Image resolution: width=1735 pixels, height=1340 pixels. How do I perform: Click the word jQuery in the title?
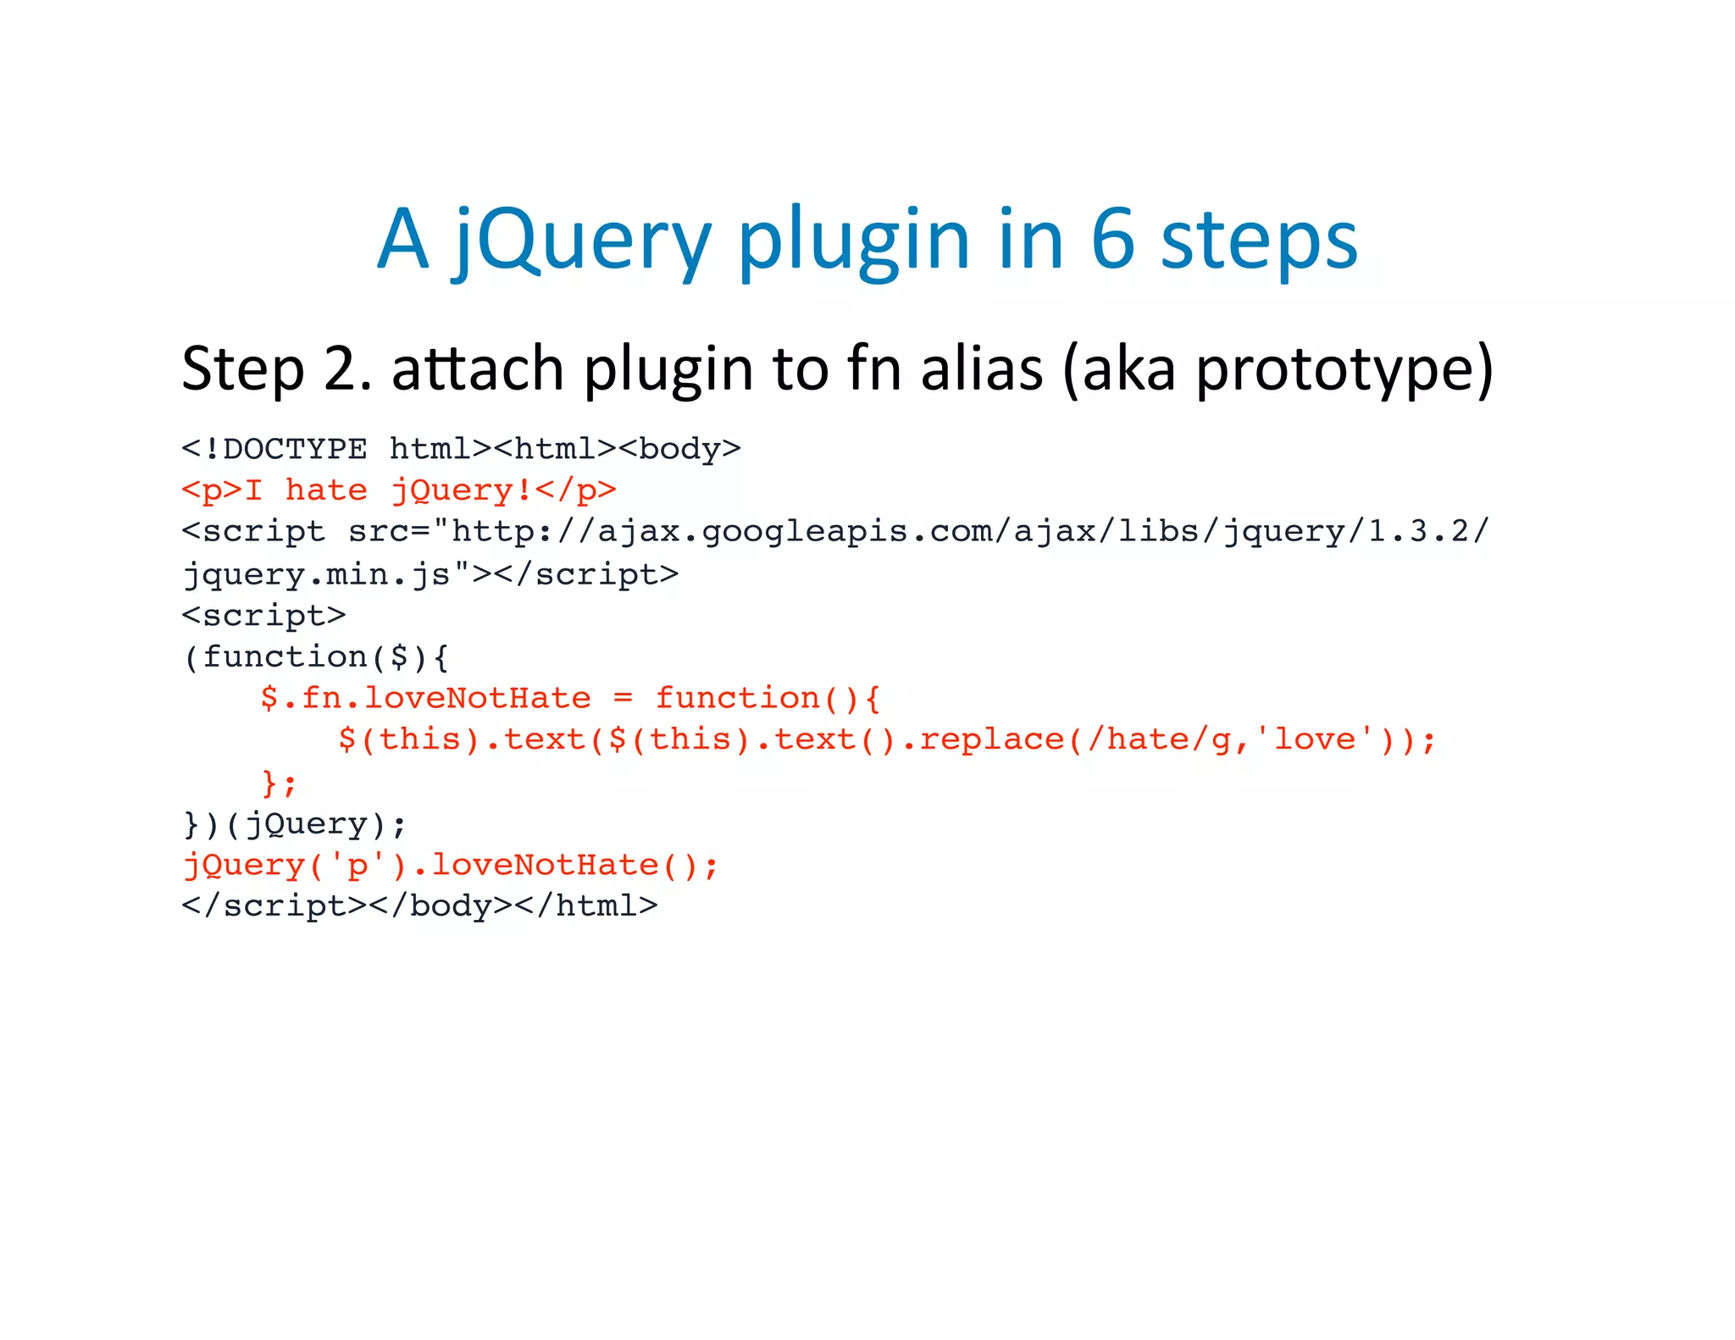click(x=581, y=241)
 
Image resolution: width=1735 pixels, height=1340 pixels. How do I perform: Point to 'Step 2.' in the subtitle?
click(x=276, y=369)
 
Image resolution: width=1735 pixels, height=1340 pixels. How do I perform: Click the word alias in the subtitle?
click(x=981, y=369)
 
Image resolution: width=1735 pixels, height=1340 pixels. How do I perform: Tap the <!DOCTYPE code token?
click(x=274, y=449)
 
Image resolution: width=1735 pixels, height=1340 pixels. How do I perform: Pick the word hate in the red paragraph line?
click(x=326, y=490)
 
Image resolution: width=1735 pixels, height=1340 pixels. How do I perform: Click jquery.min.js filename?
click(x=318, y=575)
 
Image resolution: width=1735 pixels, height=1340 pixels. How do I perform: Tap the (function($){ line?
click(x=316, y=657)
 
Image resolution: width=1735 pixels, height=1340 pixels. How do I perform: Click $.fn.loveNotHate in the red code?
click(x=425, y=699)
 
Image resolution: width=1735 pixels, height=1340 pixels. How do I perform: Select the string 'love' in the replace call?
click(x=1315, y=740)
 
